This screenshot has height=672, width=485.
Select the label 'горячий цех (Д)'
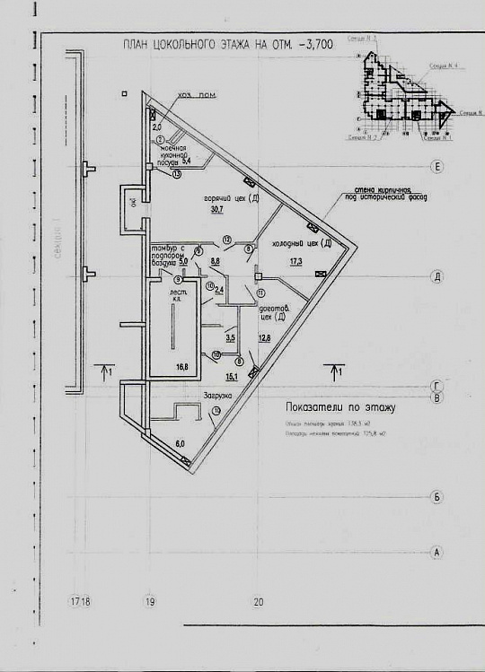coord(231,197)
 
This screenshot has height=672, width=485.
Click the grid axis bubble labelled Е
coord(436,168)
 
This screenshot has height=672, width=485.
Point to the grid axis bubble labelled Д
coord(436,277)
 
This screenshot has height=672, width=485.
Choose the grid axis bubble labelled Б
coord(436,496)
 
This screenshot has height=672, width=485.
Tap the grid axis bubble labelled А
coord(436,552)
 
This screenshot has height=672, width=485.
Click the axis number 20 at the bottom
coord(258,602)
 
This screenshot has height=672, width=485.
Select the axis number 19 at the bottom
coord(151,602)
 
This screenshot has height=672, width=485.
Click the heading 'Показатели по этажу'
coord(340,406)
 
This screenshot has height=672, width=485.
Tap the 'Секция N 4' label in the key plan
coord(441,67)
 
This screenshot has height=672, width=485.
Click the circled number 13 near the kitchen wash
coord(176,174)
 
